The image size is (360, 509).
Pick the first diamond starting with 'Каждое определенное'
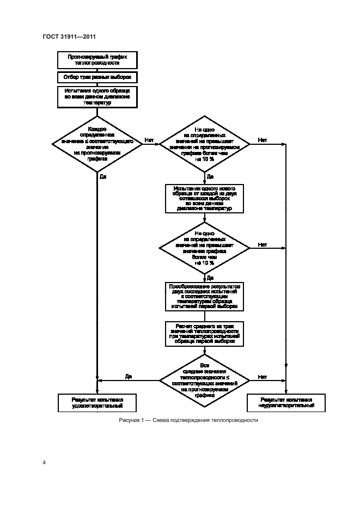click(x=97, y=144)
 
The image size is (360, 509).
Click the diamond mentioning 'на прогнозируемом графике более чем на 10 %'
click(x=204, y=144)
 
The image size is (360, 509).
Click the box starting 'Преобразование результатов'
click(x=204, y=297)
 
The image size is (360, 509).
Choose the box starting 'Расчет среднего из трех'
click(x=204, y=333)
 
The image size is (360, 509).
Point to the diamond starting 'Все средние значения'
click(x=204, y=379)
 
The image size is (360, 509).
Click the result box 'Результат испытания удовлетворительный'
click(x=97, y=403)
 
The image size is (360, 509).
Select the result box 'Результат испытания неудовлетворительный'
click(x=286, y=403)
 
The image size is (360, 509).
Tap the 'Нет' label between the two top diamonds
click(x=149, y=140)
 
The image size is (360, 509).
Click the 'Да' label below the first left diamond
click(x=103, y=176)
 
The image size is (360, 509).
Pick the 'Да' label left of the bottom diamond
click(x=129, y=376)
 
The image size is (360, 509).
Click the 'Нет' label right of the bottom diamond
click(x=262, y=376)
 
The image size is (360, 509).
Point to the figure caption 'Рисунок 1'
click(x=187, y=421)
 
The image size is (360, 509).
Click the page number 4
click(x=44, y=462)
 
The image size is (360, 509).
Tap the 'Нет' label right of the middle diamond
click(x=262, y=244)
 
